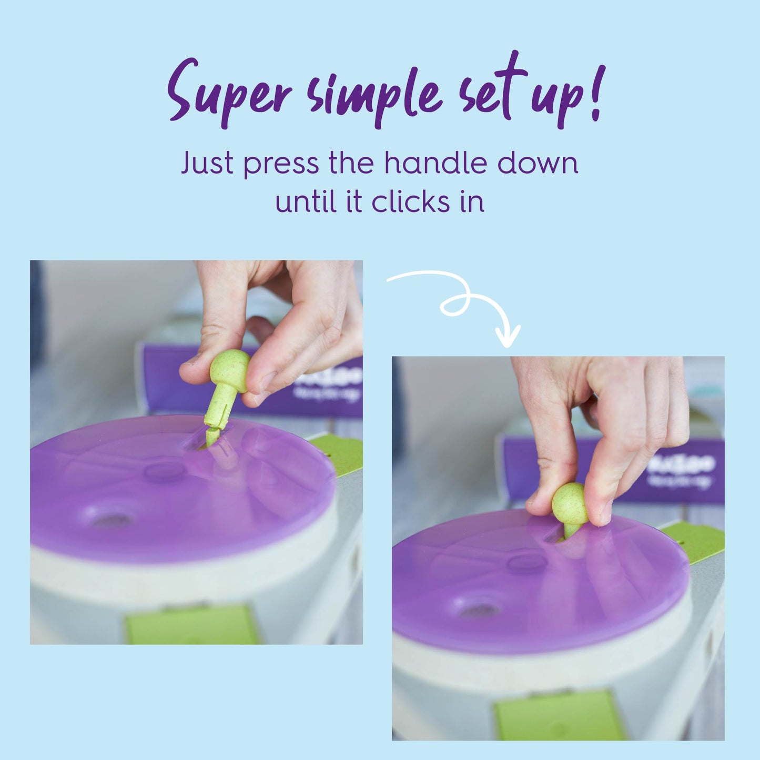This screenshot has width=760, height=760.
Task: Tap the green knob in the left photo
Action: point(229,370)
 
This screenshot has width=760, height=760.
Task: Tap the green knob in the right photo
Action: point(570,505)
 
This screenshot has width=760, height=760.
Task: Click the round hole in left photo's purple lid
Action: point(111,520)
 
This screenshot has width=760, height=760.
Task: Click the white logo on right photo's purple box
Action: point(682,465)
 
